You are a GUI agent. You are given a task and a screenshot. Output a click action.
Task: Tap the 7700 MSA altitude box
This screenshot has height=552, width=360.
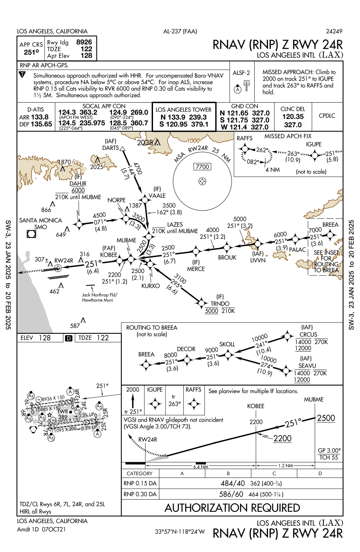[202, 167]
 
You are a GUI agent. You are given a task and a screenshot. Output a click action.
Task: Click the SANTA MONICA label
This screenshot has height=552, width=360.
[40, 220]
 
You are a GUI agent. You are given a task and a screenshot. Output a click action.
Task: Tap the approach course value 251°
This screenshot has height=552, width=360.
[31, 52]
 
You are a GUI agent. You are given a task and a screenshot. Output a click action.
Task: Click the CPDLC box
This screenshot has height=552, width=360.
[327, 116]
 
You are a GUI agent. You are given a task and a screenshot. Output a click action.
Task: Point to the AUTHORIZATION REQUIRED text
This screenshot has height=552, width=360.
[232, 508]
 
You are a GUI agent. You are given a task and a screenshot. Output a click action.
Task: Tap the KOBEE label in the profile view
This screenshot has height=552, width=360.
[256, 406]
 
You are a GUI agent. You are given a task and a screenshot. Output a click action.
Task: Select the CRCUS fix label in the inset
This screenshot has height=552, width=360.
[309, 334]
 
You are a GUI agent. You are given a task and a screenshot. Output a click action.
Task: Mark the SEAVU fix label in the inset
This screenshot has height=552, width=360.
[308, 365]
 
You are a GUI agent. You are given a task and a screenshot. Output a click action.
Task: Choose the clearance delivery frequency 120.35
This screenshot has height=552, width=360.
[293, 116]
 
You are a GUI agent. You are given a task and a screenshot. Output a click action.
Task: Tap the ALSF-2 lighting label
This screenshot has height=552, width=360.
[241, 72]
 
